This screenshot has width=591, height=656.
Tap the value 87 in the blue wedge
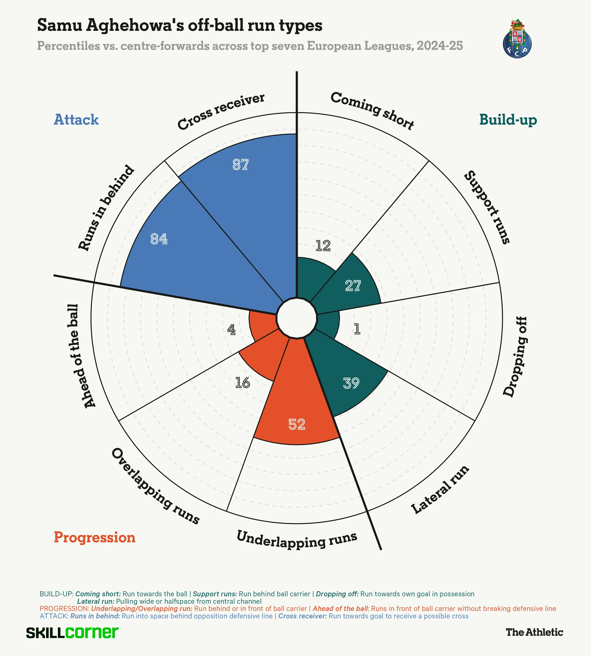point(241,165)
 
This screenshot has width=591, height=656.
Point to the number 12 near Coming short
point(323,246)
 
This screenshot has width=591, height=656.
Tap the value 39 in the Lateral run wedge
point(351,383)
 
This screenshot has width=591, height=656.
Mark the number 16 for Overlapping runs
point(243,383)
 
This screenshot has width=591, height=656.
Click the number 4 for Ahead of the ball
point(231,330)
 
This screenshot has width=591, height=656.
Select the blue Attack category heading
point(76,120)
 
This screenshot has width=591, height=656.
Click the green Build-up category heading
point(508,120)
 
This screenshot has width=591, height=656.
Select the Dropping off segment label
point(515,357)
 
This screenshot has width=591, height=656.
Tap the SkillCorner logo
point(72,633)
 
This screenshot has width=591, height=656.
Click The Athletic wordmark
point(534,632)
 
